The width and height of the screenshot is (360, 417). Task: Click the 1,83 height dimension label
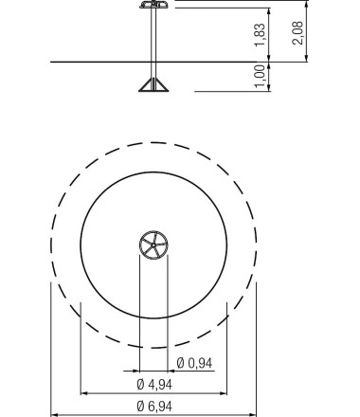pyautogui.click(x=261, y=35)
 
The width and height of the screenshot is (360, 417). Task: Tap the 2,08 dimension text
pyautogui.click(x=297, y=33)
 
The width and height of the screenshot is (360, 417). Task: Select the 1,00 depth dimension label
pyautogui.click(x=260, y=77)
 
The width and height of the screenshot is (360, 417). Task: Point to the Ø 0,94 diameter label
pyautogui.click(x=194, y=363)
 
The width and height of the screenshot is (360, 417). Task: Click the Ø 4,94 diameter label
pyautogui.click(x=154, y=385)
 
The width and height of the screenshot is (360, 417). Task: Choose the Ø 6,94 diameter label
pyautogui.click(x=154, y=406)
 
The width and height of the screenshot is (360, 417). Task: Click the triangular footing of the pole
pyautogui.click(x=153, y=84)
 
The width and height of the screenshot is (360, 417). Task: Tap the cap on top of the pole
pyautogui.click(x=153, y=4)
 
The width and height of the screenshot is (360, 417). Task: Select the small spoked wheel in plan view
pyautogui.click(x=153, y=245)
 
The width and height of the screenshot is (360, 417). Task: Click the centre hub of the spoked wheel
pyautogui.click(x=153, y=245)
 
